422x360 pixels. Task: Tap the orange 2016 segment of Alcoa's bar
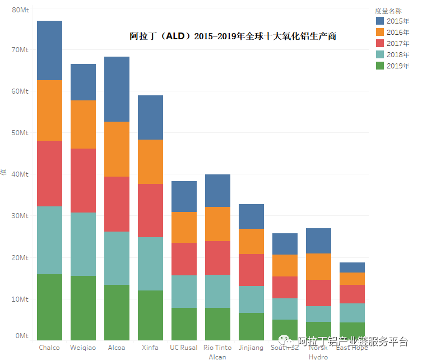117,149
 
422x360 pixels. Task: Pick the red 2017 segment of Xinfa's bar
150,210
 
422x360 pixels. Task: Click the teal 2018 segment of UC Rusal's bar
184,292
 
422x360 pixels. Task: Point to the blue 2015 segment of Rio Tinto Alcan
217,191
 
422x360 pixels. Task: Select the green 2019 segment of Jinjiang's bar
251,326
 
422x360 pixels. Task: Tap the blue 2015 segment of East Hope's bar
352,267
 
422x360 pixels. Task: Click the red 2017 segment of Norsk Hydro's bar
318,293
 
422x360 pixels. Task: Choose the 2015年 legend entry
398,21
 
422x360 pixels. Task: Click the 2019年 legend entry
398,66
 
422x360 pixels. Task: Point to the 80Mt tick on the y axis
20,10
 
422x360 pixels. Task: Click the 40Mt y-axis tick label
20,174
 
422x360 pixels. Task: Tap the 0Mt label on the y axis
22,336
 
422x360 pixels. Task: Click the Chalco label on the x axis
49,348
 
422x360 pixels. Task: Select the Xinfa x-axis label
150,348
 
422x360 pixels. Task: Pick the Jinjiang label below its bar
251,348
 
